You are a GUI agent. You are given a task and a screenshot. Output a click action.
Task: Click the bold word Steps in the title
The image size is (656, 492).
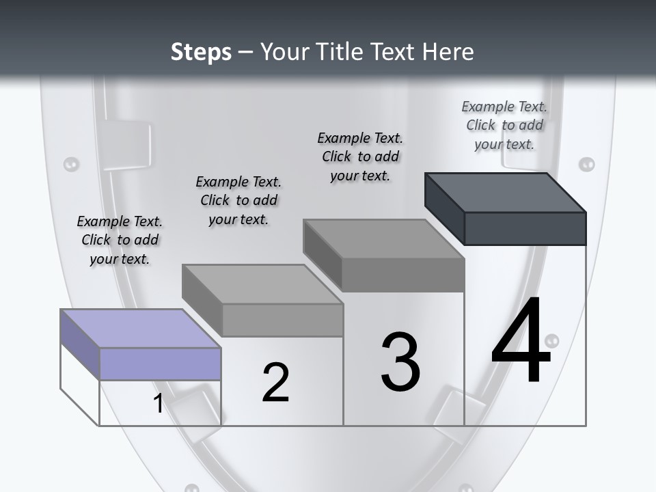point(201,52)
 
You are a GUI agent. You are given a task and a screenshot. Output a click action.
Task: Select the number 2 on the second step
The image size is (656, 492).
point(275,382)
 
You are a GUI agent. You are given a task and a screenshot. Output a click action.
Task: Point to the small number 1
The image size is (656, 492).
point(159,403)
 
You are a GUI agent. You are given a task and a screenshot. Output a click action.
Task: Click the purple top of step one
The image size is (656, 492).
point(141,329)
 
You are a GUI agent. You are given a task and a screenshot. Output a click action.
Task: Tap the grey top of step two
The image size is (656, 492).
point(262,284)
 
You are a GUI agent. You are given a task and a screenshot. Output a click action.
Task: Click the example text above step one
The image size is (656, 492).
point(120,240)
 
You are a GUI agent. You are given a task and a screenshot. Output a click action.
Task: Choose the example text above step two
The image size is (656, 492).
point(238,200)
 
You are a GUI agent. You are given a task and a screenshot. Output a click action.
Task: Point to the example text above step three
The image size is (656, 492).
point(360,156)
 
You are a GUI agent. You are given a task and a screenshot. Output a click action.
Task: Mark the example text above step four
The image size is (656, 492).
point(504,125)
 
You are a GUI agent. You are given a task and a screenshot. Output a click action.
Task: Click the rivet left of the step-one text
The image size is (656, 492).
point(71,164)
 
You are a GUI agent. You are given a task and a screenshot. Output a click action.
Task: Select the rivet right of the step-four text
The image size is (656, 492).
point(586,164)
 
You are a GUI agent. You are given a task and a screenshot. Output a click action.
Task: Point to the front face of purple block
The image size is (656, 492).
point(160,364)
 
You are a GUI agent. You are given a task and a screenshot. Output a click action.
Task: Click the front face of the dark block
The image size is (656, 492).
point(525,228)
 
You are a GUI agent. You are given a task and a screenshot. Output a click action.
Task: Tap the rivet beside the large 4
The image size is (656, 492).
point(552,340)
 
